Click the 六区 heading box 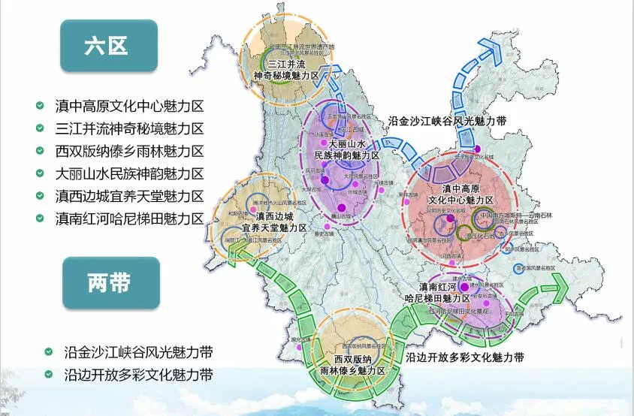[109, 46]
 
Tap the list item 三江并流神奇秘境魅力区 [130, 129]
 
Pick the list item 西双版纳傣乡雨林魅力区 [130, 151]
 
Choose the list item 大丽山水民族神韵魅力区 [130, 173]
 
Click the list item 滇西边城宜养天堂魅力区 [130, 196]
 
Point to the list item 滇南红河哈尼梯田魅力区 [130, 219]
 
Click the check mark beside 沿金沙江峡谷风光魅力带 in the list [49, 351]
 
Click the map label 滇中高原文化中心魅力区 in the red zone [460, 194]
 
